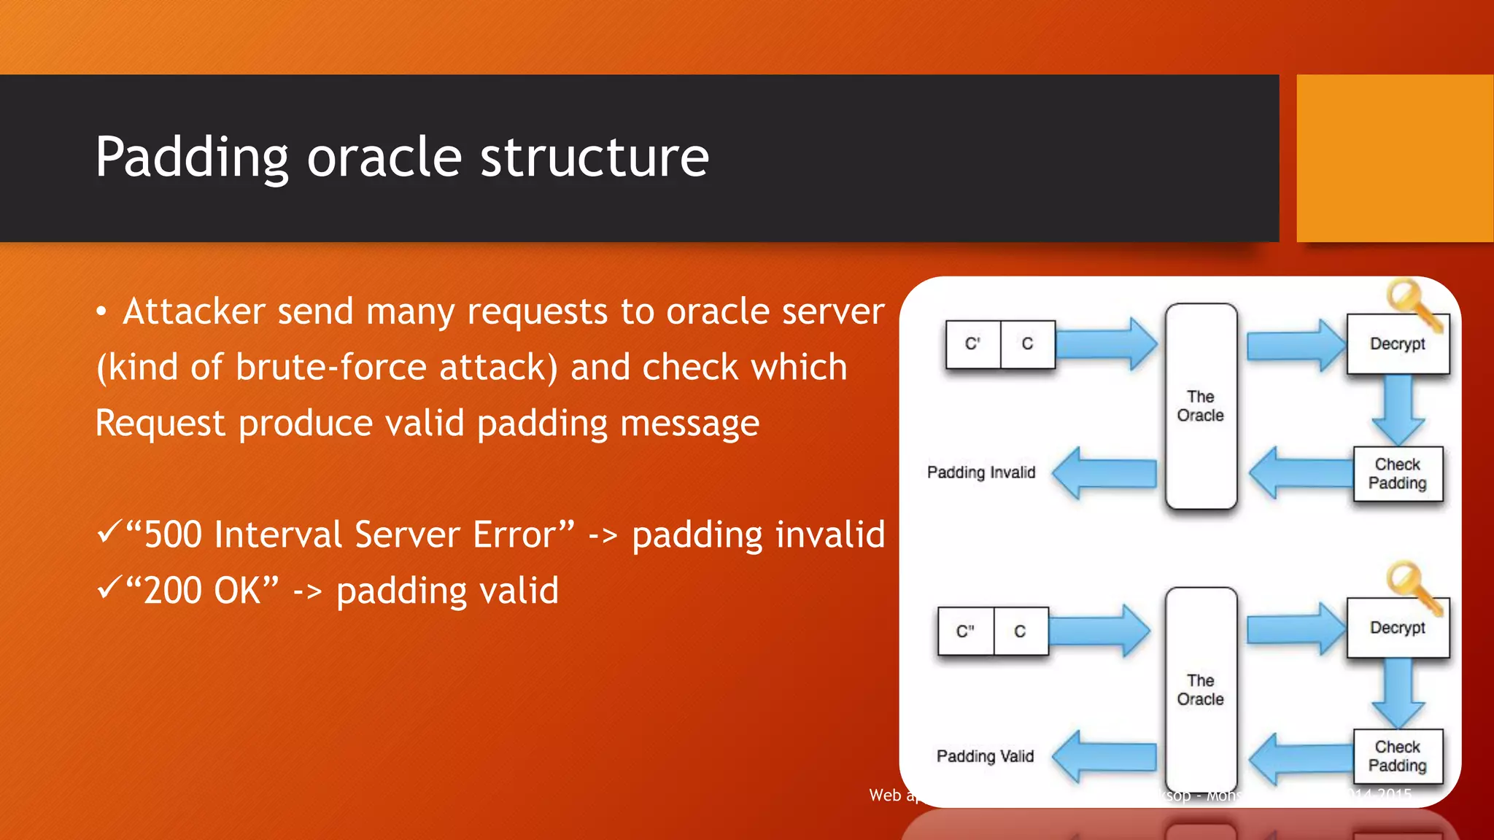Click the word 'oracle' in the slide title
(384, 157)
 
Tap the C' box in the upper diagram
(972, 343)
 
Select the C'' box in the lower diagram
(965, 631)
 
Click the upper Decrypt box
(1397, 343)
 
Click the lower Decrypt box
(1397, 628)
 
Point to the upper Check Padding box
(1397, 474)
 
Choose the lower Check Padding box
(1397, 756)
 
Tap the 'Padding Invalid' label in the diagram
(981, 472)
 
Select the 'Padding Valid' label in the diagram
(985, 756)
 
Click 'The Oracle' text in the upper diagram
(1200, 406)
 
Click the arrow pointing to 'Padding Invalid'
(1105, 474)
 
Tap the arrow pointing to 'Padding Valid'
(1105, 757)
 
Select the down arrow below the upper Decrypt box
(1398, 409)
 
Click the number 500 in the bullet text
(172, 534)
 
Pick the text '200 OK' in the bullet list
(202, 591)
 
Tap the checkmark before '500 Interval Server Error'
(108, 532)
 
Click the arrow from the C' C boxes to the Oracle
(1106, 343)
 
